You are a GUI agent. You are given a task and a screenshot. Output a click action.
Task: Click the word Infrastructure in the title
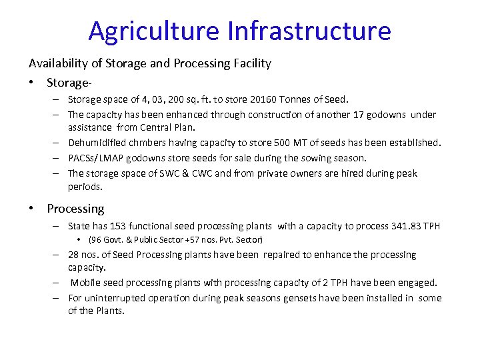[309, 31]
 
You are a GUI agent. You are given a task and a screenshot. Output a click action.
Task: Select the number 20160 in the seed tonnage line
[265, 100]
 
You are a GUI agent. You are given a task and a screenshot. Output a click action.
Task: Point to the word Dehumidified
[97, 143]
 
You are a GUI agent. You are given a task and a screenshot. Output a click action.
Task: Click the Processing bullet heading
[75, 209]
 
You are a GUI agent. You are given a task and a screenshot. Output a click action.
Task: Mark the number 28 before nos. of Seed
[75, 255]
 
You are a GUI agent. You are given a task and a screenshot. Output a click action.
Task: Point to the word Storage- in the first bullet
[69, 83]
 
